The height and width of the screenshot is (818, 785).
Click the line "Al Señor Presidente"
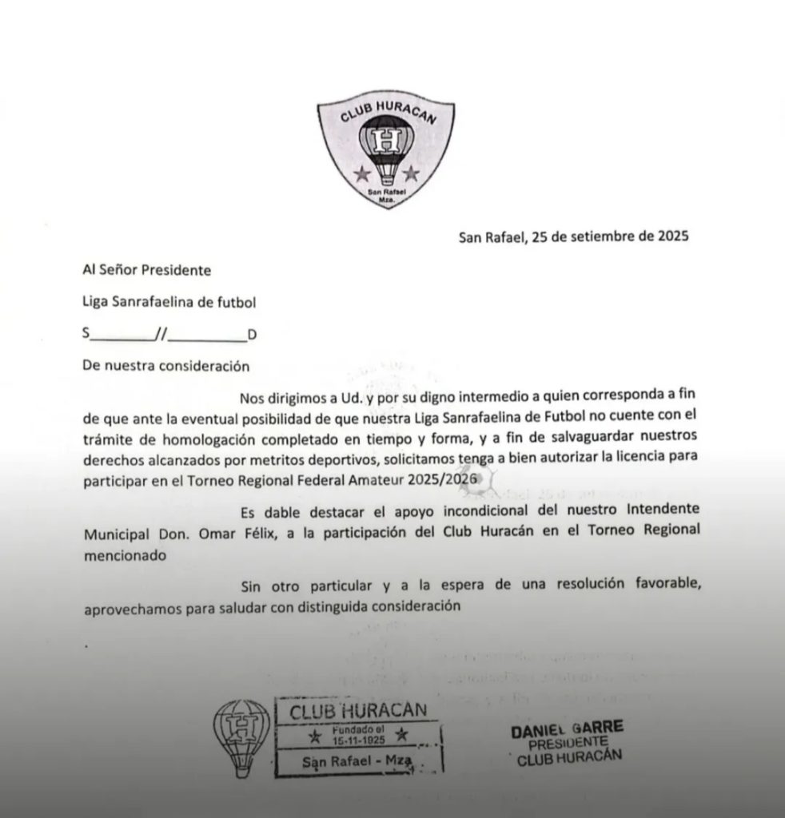[x=147, y=270]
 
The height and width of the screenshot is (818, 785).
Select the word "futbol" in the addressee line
[x=237, y=302]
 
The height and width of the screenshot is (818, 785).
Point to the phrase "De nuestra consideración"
[x=166, y=366]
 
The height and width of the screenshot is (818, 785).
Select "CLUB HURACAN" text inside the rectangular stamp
[x=357, y=711]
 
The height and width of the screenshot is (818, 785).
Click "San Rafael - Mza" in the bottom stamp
[x=357, y=762]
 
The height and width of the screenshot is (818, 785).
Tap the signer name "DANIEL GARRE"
[x=567, y=729]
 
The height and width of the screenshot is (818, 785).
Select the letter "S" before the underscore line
[x=86, y=335]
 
